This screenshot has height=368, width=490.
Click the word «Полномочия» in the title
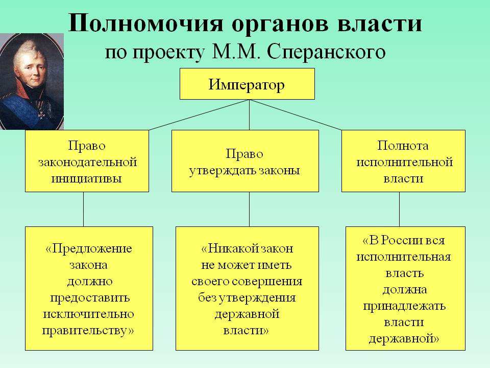tap(145, 23)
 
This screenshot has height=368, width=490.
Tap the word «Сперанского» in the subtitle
tap(326, 52)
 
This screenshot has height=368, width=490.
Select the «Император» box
tap(247, 84)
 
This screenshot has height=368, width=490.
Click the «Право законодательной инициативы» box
tap(87, 161)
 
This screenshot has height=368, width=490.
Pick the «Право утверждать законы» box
tap(245, 161)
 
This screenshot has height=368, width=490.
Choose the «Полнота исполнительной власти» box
tap(403, 161)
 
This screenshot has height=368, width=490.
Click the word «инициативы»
tap(86, 178)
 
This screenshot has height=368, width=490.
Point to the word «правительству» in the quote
tap(85, 331)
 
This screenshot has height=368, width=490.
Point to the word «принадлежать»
tap(404, 306)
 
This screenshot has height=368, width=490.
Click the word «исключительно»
tap(88, 314)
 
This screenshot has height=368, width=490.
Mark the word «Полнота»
tap(403, 146)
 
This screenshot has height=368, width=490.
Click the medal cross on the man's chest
tap(41, 114)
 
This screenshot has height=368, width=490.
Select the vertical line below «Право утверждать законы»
tap(250, 210)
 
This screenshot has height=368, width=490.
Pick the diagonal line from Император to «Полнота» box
tap(296, 115)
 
